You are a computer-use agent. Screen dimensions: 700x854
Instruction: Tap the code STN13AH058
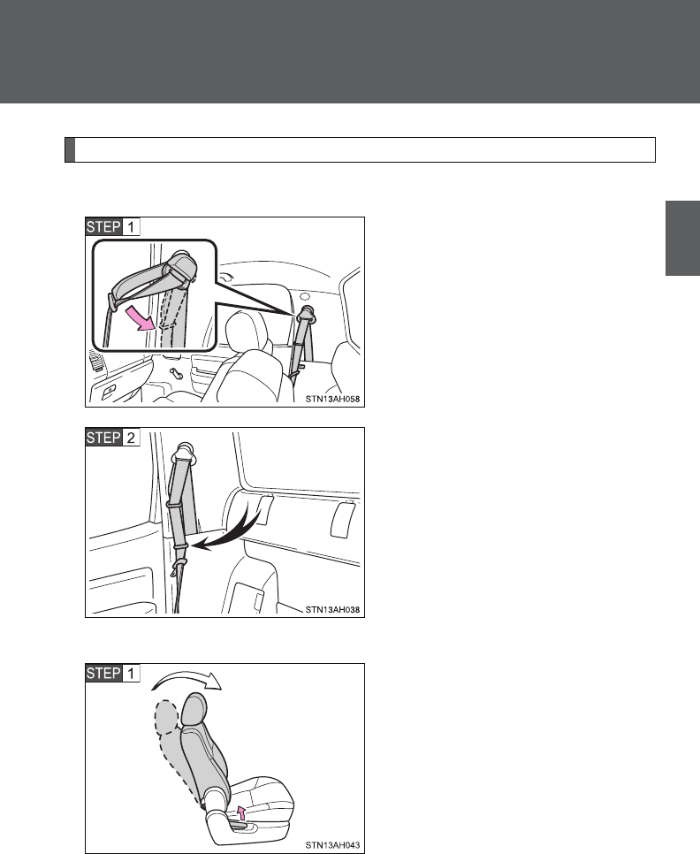[332, 400]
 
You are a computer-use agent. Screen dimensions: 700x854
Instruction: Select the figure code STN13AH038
[332, 609]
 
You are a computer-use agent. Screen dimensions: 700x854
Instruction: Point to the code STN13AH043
[332, 845]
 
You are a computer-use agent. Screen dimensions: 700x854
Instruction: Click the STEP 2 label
[112, 438]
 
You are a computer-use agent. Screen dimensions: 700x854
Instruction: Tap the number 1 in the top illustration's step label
[131, 226]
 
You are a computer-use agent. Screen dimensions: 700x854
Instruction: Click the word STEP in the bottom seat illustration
[103, 673]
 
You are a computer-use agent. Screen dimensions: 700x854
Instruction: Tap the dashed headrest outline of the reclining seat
[166, 717]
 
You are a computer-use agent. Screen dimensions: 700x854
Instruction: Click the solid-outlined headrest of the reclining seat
[194, 711]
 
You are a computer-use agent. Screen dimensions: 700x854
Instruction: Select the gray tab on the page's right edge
[682, 238]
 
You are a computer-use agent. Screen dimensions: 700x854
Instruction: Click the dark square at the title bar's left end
[70, 149]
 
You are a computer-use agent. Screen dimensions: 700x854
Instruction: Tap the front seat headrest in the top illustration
[247, 332]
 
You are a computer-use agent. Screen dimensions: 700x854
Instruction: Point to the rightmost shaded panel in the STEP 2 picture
[343, 520]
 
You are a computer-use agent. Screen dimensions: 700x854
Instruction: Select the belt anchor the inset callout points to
[306, 314]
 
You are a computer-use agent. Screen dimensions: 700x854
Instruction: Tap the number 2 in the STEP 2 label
[131, 438]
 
